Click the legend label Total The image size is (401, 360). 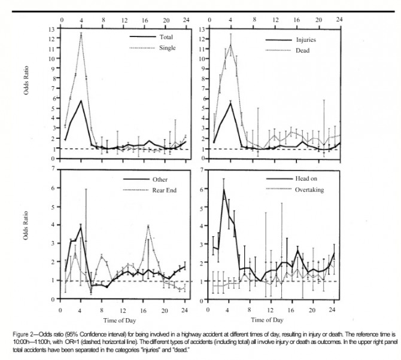point(166,37)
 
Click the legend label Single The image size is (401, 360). point(167,48)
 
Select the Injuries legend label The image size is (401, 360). point(306,40)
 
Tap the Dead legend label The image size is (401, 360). point(302,51)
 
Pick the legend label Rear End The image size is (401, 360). point(165,190)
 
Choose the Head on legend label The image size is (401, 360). point(306,179)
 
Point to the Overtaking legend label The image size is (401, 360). point(309,190)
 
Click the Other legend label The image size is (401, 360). point(160,179)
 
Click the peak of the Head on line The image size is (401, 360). point(224,190)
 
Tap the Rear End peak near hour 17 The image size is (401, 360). point(148,226)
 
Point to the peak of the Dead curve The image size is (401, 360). point(230,45)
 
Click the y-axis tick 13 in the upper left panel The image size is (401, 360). point(51,29)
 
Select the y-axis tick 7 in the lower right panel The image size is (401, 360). point(202,170)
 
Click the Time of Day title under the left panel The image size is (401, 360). point(120,321)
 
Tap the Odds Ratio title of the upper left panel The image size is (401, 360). point(26,80)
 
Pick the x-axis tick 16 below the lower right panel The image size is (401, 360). point(291,310)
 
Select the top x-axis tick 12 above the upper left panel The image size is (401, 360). point(124,20)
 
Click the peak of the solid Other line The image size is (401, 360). point(81,227)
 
